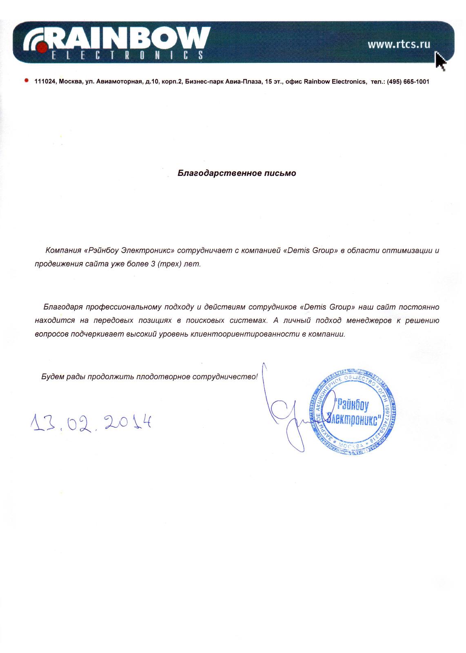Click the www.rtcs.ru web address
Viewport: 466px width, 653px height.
(x=399, y=44)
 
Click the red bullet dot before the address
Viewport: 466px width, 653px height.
(x=27, y=81)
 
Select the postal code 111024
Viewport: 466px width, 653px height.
(x=45, y=82)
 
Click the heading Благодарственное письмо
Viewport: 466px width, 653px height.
(x=237, y=173)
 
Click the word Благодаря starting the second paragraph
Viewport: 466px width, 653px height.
(x=63, y=307)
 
